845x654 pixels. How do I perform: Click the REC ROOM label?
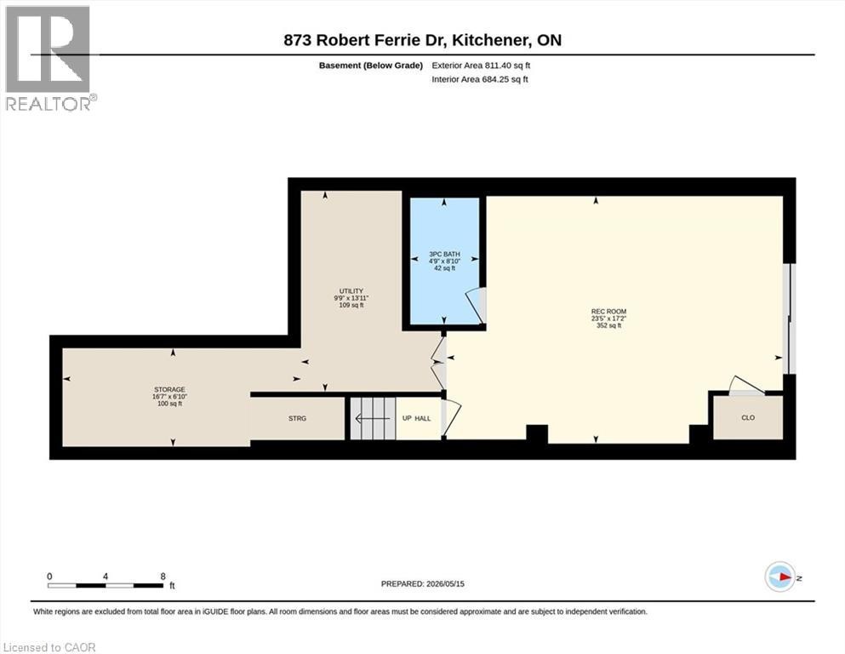pyautogui.click(x=609, y=311)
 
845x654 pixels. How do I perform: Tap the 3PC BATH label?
pyautogui.click(x=444, y=254)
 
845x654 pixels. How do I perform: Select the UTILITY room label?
pyautogui.click(x=351, y=291)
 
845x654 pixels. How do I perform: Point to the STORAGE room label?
pyautogui.click(x=169, y=389)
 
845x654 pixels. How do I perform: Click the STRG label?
pyautogui.click(x=298, y=418)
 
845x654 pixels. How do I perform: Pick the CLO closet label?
pyautogui.click(x=748, y=418)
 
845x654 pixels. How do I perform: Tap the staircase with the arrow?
pyautogui.click(x=373, y=418)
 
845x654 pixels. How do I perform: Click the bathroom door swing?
pyautogui.click(x=476, y=306)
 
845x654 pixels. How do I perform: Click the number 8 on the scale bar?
pyautogui.click(x=163, y=577)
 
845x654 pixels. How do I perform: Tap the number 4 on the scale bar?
pyautogui.click(x=105, y=577)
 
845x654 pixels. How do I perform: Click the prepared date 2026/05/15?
pyautogui.click(x=445, y=583)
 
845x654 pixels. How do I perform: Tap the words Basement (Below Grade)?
pyautogui.click(x=371, y=66)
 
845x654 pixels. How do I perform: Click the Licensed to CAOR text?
pyautogui.click(x=49, y=647)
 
